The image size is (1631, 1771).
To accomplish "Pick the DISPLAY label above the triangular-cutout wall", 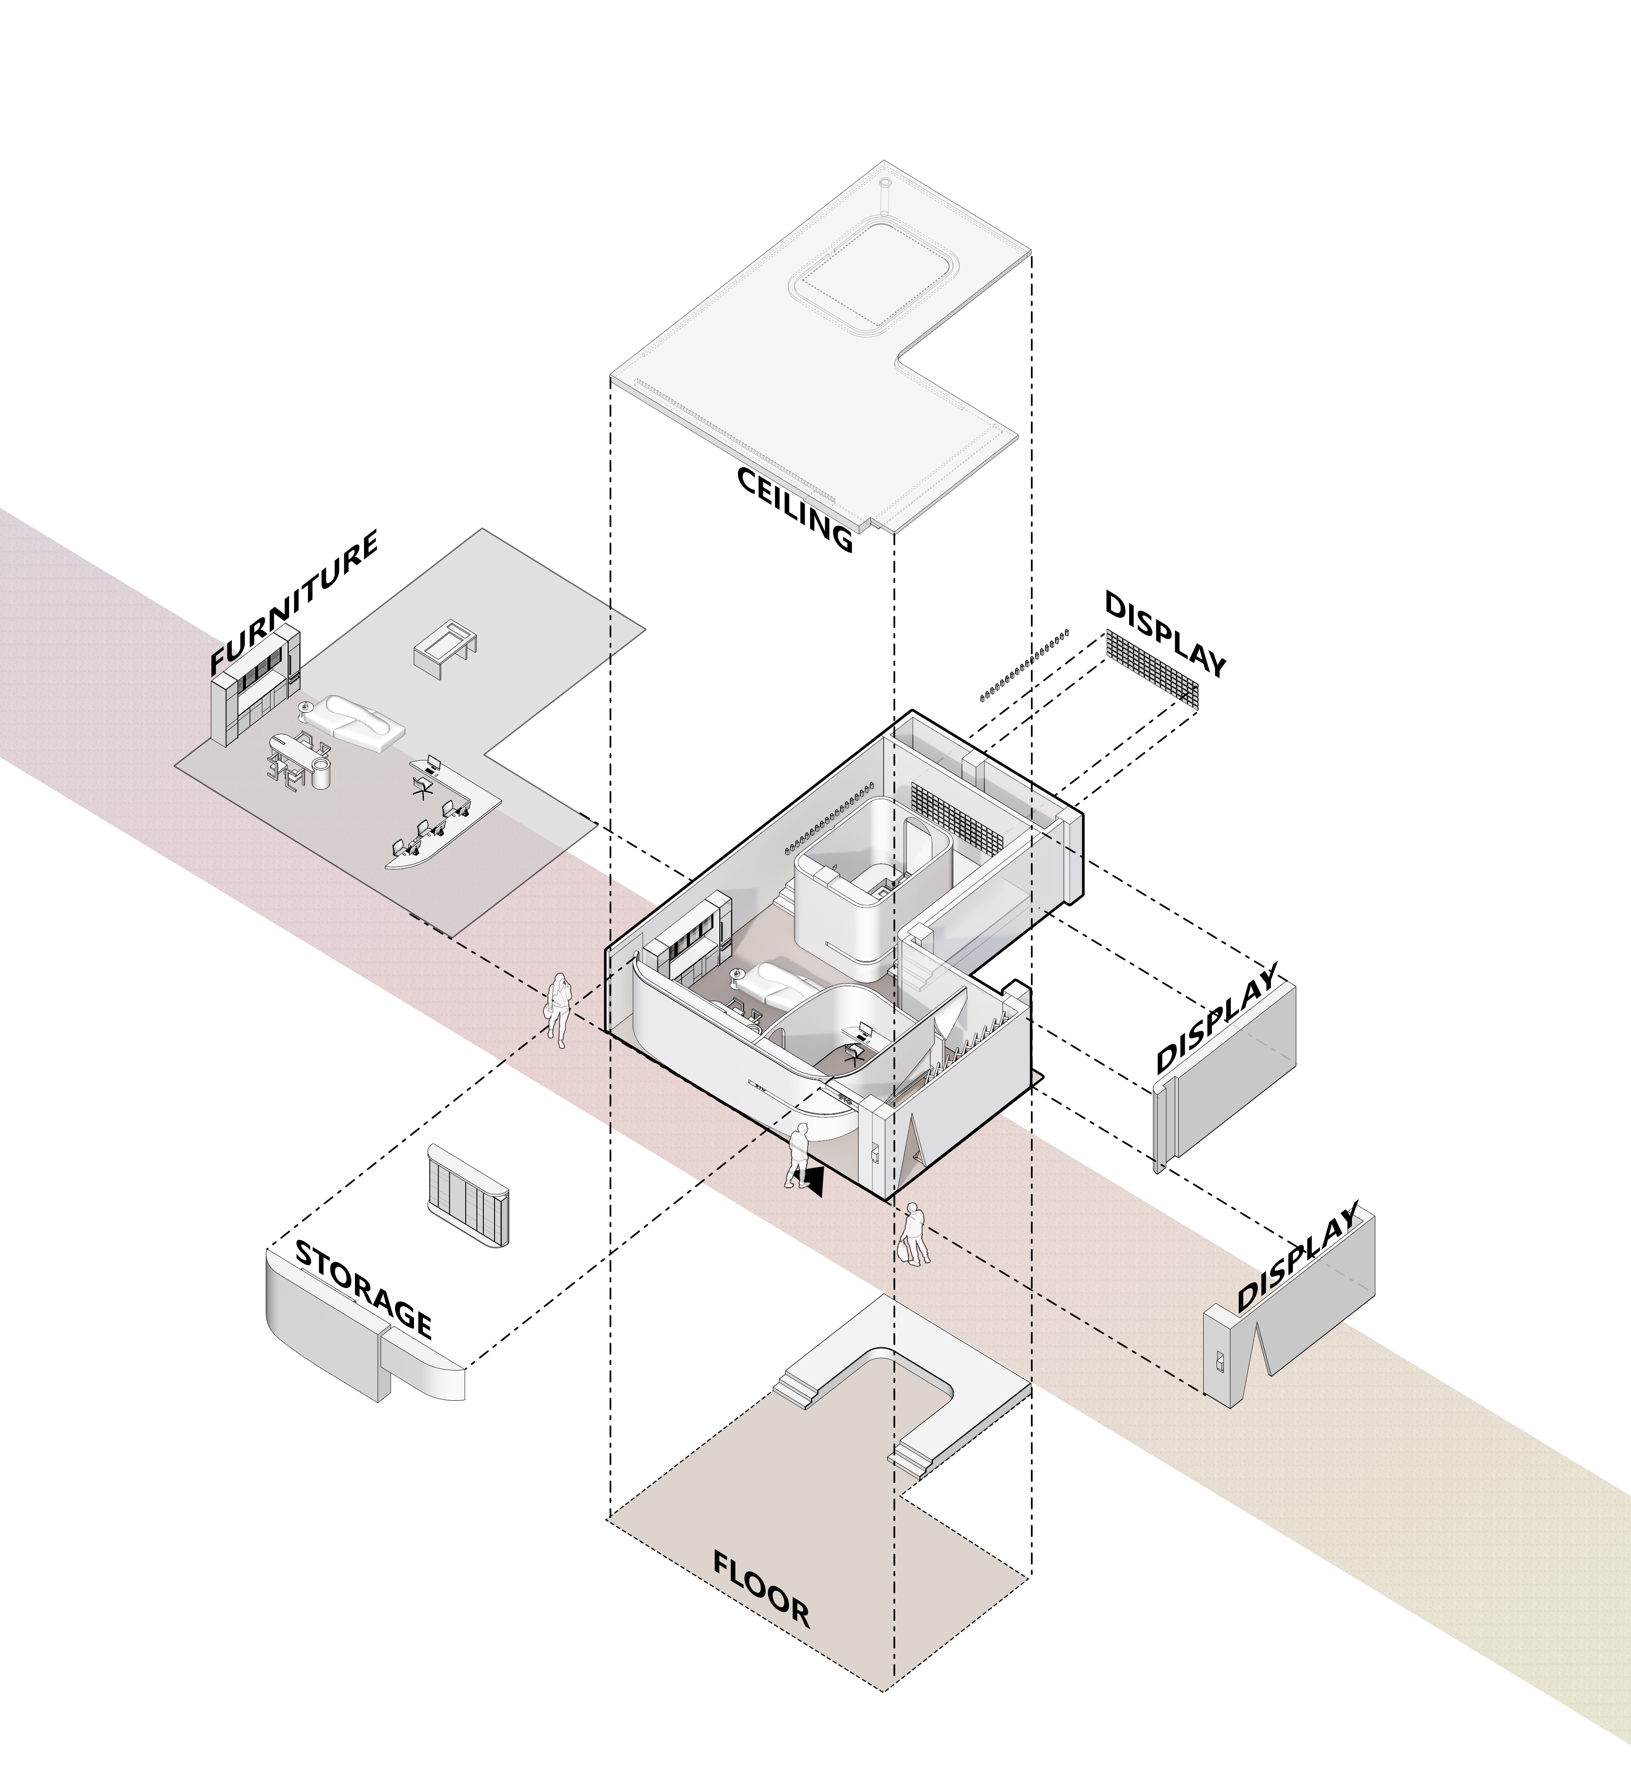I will (x=1295, y=1258).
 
